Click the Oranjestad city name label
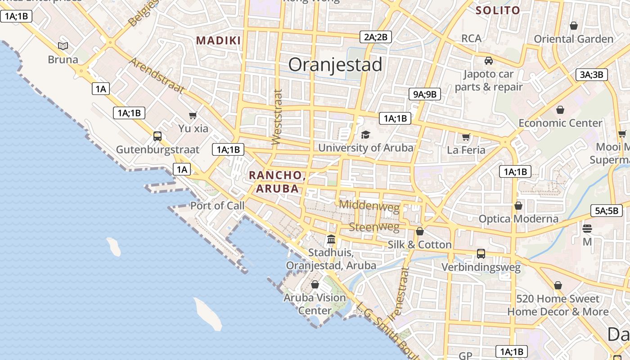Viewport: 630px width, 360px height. click(x=335, y=65)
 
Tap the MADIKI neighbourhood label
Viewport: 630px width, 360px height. click(x=218, y=40)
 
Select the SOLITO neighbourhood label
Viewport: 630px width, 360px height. click(x=498, y=10)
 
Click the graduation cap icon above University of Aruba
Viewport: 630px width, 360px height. click(x=365, y=135)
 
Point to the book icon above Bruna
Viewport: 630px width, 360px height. click(x=63, y=46)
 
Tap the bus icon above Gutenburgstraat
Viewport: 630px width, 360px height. click(x=157, y=136)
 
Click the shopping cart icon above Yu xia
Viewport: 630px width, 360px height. click(x=193, y=115)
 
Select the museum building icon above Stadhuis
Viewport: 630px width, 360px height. click(x=331, y=238)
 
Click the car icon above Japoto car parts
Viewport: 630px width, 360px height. click(x=489, y=60)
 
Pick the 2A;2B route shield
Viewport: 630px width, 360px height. click(x=376, y=37)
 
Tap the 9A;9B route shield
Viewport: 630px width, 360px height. click(x=424, y=94)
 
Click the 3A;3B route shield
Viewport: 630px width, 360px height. click(x=592, y=75)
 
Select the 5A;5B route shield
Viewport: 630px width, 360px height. click(x=606, y=211)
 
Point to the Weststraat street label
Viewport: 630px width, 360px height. click(x=277, y=117)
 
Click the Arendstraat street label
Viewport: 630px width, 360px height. click(x=157, y=75)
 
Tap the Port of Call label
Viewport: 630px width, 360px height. click(x=217, y=206)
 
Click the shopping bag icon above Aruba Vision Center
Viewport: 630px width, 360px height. click(x=315, y=284)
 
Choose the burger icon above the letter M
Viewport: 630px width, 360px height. click(x=587, y=229)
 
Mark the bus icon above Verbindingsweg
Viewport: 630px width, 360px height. click(x=481, y=254)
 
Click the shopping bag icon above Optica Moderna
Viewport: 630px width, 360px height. click(x=518, y=206)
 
